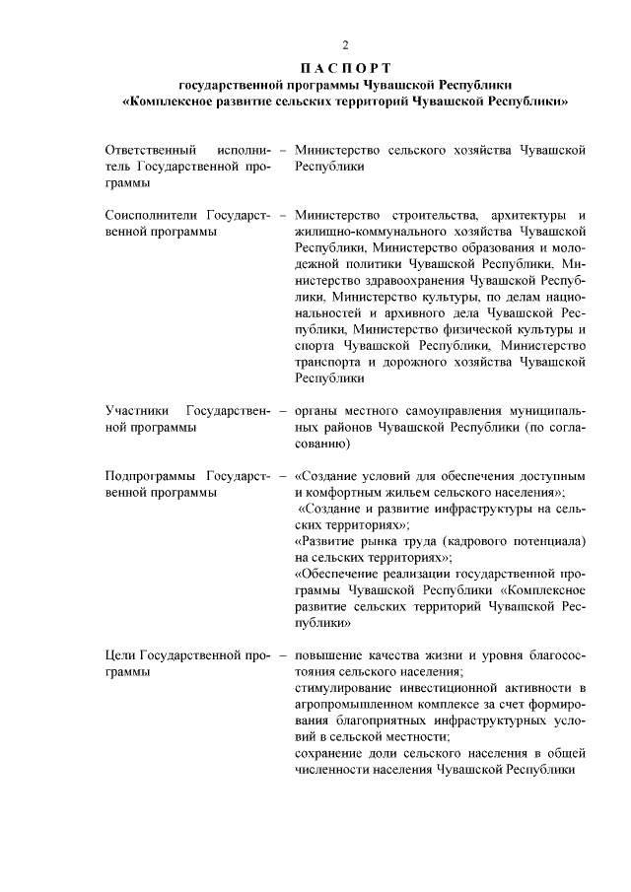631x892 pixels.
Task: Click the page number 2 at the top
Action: coord(345,46)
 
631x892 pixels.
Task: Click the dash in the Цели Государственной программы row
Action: coord(283,654)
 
